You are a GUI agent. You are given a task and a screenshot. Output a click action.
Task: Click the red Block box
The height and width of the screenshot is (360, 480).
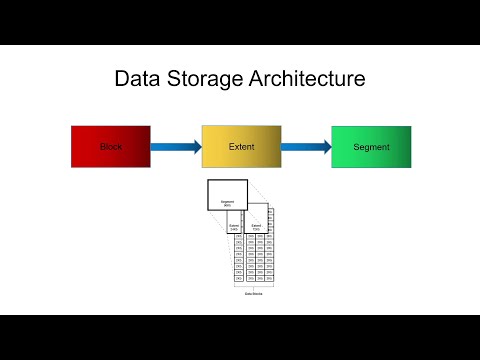(111, 147)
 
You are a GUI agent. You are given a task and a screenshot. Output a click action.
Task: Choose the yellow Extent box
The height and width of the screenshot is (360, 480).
(240, 147)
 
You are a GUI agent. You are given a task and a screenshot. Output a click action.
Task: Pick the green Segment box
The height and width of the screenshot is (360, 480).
(371, 147)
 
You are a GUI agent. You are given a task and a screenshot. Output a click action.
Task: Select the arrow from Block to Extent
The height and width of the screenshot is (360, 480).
(175, 147)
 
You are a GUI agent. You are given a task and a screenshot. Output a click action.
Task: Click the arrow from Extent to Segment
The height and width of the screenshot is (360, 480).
(305, 147)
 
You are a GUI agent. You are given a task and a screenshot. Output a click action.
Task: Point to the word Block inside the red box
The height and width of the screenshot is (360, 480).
(111, 147)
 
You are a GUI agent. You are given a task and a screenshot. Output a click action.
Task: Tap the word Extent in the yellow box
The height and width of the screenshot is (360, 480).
(240, 147)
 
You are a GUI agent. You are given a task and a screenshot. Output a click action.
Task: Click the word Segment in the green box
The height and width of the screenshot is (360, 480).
(371, 147)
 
